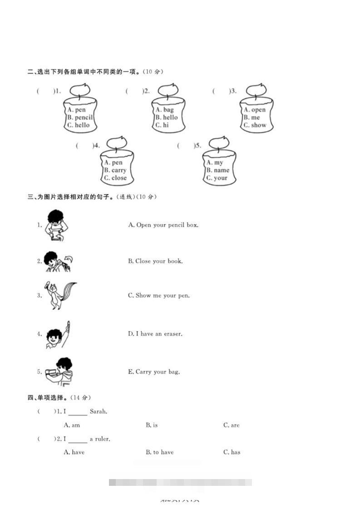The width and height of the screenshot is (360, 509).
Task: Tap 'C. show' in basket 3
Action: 255,125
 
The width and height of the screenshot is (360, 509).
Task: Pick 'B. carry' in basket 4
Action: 115,170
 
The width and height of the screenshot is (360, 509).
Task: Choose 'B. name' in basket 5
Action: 218,170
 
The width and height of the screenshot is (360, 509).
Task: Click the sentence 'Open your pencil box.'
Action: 163,225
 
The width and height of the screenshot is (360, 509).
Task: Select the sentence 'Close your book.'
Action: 155,261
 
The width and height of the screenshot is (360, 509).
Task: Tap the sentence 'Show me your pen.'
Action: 159,296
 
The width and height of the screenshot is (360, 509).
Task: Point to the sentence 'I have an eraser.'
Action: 155,334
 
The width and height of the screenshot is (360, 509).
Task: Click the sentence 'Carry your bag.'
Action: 154,372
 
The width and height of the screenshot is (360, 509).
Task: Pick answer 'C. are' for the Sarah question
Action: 231,426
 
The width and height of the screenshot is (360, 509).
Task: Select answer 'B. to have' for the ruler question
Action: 159,452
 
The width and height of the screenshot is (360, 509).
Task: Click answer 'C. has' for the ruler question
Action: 232,452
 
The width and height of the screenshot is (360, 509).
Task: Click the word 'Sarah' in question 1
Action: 98,412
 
